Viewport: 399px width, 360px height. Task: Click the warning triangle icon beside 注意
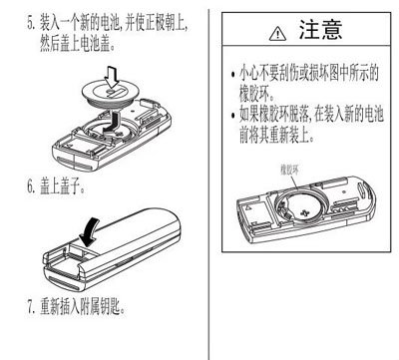(x=277, y=34)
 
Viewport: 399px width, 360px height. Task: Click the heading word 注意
(x=320, y=30)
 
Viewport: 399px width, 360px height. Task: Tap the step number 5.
(x=30, y=23)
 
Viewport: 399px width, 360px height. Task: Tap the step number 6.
(x=31, y=186)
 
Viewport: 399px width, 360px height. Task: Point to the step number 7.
(x=30, y=308)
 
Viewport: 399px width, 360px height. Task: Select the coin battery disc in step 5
(x=110, y=94)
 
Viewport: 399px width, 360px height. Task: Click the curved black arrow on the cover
(x=89, y=231)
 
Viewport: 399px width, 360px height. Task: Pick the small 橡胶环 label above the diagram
(x=290, y=171)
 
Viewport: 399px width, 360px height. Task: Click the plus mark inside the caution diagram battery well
(x=305, y=212)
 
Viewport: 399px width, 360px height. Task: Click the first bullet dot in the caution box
(x=232, y=75)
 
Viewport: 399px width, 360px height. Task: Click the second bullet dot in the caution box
(x=232, y=116)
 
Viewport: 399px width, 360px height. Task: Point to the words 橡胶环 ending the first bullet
(x=254, y=94)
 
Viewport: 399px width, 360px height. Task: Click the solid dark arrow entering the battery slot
(x=112, y=124)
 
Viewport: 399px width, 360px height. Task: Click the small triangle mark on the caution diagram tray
(x=247, y=208)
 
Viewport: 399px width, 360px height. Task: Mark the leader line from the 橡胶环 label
(x=294, y=182)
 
